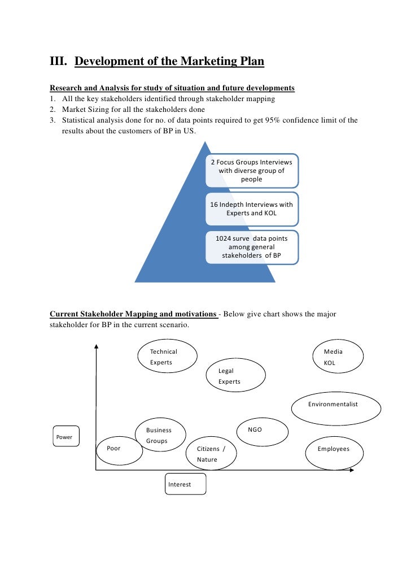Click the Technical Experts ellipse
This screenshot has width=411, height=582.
[x=168, y=357]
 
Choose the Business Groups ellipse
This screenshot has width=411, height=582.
[x=161, y=435]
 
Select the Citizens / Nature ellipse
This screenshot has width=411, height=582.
[x=211, y=453]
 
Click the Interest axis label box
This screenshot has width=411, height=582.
[x=186, y=484]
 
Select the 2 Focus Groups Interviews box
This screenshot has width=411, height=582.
[x=251, y=171]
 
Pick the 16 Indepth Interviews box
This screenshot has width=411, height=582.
[x=251, y=209]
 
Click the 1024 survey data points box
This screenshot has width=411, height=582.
[x=251, y=247]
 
